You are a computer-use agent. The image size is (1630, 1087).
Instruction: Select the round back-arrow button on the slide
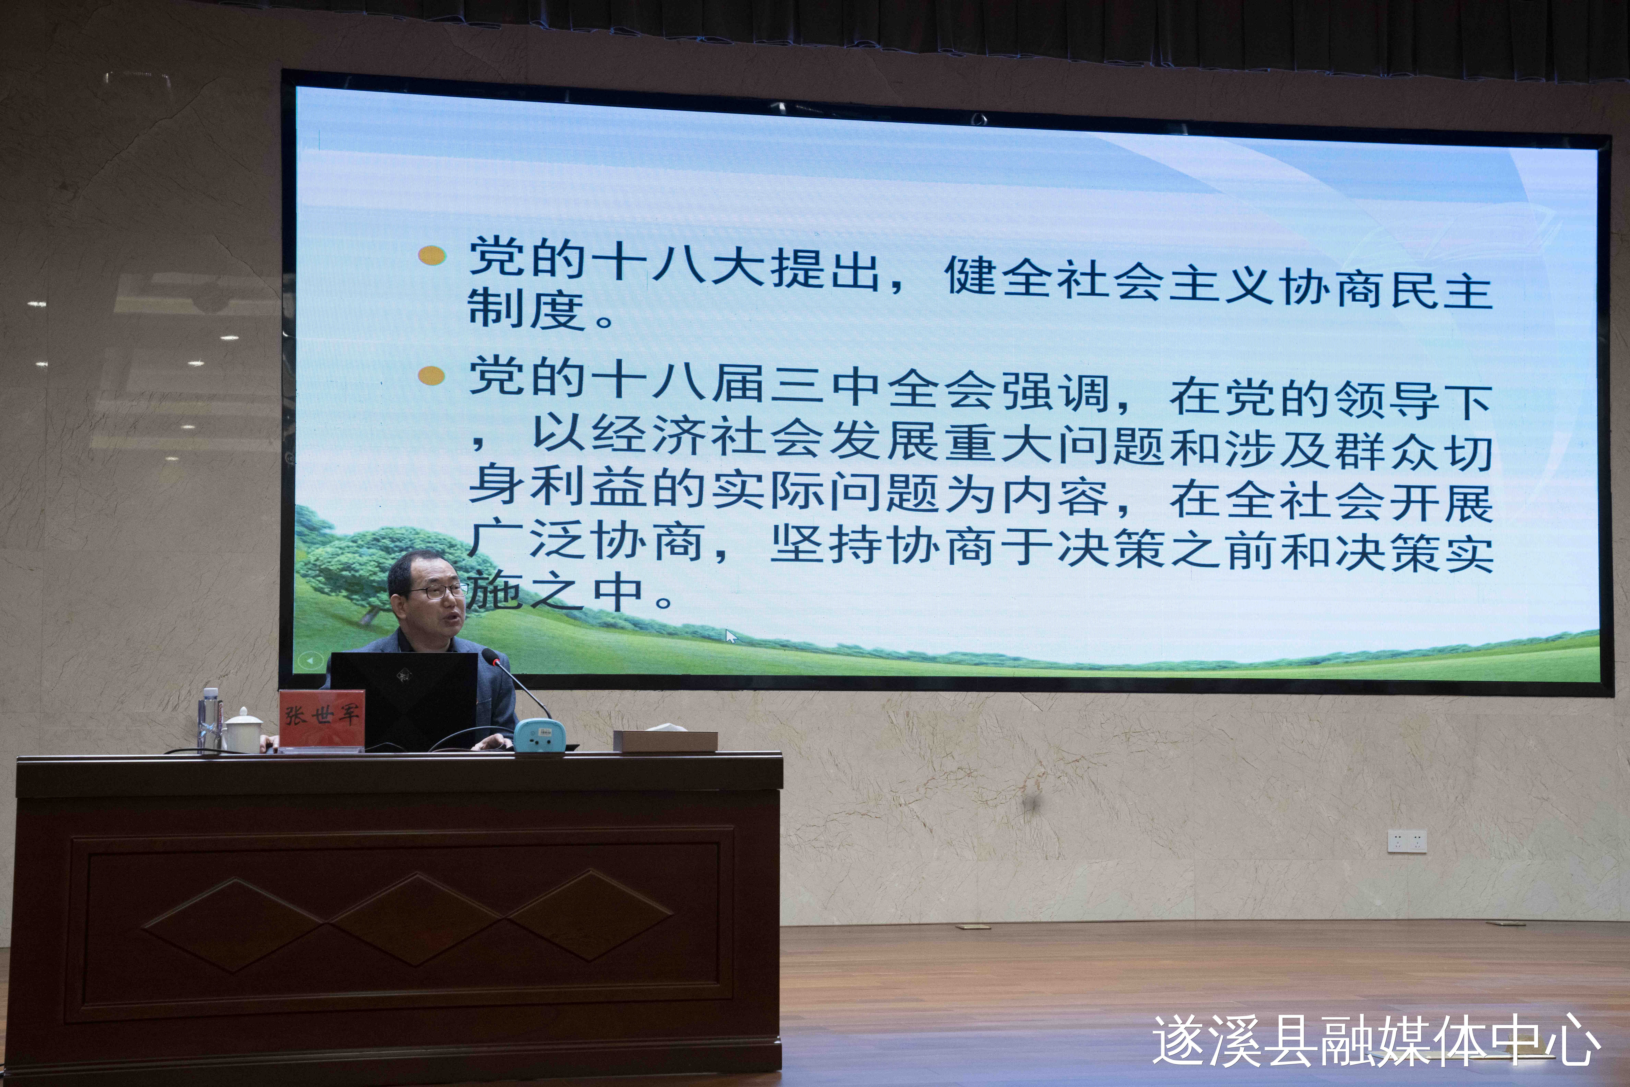[x=310, y=661]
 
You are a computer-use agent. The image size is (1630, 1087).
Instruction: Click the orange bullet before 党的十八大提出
[x=432, y=255]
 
